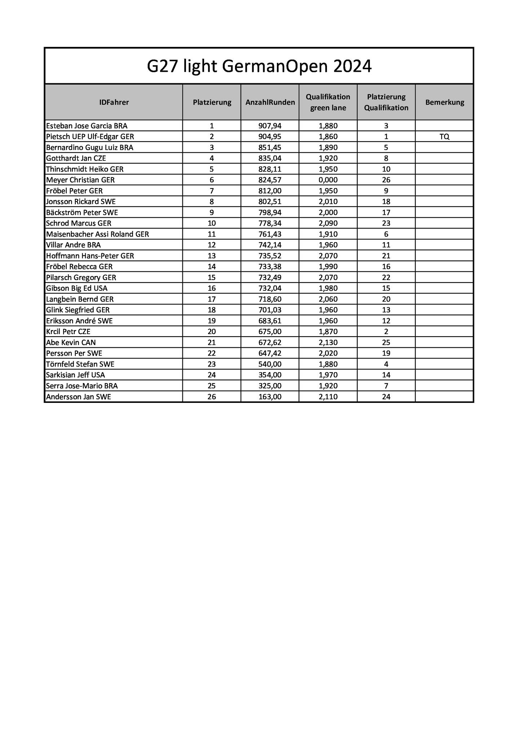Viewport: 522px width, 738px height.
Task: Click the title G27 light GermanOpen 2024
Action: tap(259, 66)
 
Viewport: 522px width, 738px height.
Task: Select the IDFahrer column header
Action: tap(114, 102)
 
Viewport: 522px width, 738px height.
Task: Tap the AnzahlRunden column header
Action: tap(270, 102)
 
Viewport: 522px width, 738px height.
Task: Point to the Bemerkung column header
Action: tap(444, 102)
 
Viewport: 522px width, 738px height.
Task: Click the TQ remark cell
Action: tap(444, 137)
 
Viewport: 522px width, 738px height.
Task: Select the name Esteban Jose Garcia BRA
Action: tap(87, 126)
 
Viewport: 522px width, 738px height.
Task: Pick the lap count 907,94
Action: tap(270, 126)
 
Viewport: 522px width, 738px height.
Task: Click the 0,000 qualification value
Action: tap(328, 180)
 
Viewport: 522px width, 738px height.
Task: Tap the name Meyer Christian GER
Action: tap(80, 180)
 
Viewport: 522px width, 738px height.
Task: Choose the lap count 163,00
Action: tap(270, 397)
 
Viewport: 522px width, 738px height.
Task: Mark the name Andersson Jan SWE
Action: tap(79, 397)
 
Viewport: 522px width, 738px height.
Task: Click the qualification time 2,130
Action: tap(328, 342)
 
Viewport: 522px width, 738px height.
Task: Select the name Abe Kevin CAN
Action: tap(71, 342)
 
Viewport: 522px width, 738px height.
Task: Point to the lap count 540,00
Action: tap(270, 364)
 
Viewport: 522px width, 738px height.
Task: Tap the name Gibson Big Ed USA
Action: tap(77, 288)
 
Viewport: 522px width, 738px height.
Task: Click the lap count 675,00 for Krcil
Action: tap(270, 332)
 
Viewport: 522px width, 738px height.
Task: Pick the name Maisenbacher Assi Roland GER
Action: tap(97, 234)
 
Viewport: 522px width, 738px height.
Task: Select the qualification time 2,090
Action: tap(328, 223)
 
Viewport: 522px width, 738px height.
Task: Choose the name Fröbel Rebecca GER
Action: tap(79, 267)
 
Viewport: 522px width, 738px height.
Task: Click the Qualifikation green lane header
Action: tap(328, 102)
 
